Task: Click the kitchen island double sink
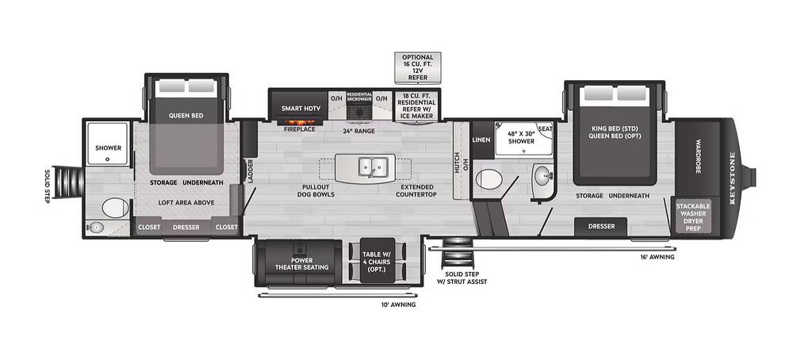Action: (374, 167)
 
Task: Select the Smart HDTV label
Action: (300, 108)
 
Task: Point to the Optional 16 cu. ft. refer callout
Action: (418, 67)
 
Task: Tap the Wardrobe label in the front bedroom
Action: (697, 156)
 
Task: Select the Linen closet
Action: (481, 140)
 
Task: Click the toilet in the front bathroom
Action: (489, 179)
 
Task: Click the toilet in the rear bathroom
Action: (115, 208)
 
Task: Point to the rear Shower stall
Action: (108, 143)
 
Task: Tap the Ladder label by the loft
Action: (250, 171)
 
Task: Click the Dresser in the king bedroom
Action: (601, 227)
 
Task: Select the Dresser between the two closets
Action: (186, 227)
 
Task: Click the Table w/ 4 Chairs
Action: (377, 259)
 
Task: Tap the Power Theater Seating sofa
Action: (301, 263)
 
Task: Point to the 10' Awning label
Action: (399, 304)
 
